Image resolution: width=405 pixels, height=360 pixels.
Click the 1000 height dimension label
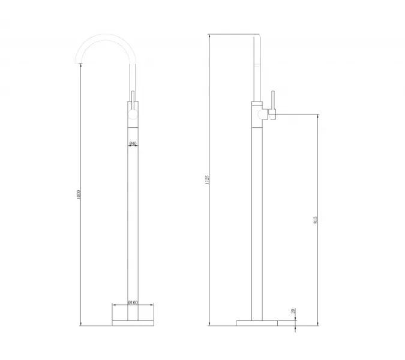click(79, 195)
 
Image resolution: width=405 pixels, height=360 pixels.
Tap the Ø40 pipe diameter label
click(133, 143)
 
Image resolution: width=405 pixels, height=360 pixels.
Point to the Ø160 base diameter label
click(133, 303)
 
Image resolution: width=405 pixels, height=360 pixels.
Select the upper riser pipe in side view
click(258, 66)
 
